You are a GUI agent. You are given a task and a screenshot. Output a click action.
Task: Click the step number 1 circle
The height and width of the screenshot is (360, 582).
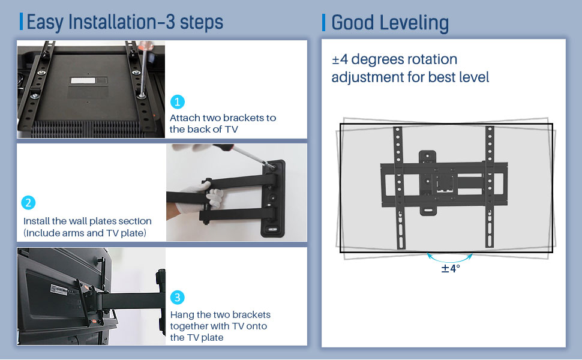[178, 101]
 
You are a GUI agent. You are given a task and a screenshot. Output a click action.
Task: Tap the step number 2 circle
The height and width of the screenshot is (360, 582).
[28, 202]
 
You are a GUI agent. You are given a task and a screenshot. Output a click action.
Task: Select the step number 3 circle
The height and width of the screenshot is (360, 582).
[178, 298]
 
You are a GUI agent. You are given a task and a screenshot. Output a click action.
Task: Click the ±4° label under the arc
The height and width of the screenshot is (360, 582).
[450, 268]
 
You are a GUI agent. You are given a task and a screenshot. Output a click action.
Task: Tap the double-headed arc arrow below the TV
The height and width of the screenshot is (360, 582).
[450, 257]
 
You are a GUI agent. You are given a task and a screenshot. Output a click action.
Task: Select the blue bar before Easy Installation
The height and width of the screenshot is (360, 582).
[22, 22]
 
